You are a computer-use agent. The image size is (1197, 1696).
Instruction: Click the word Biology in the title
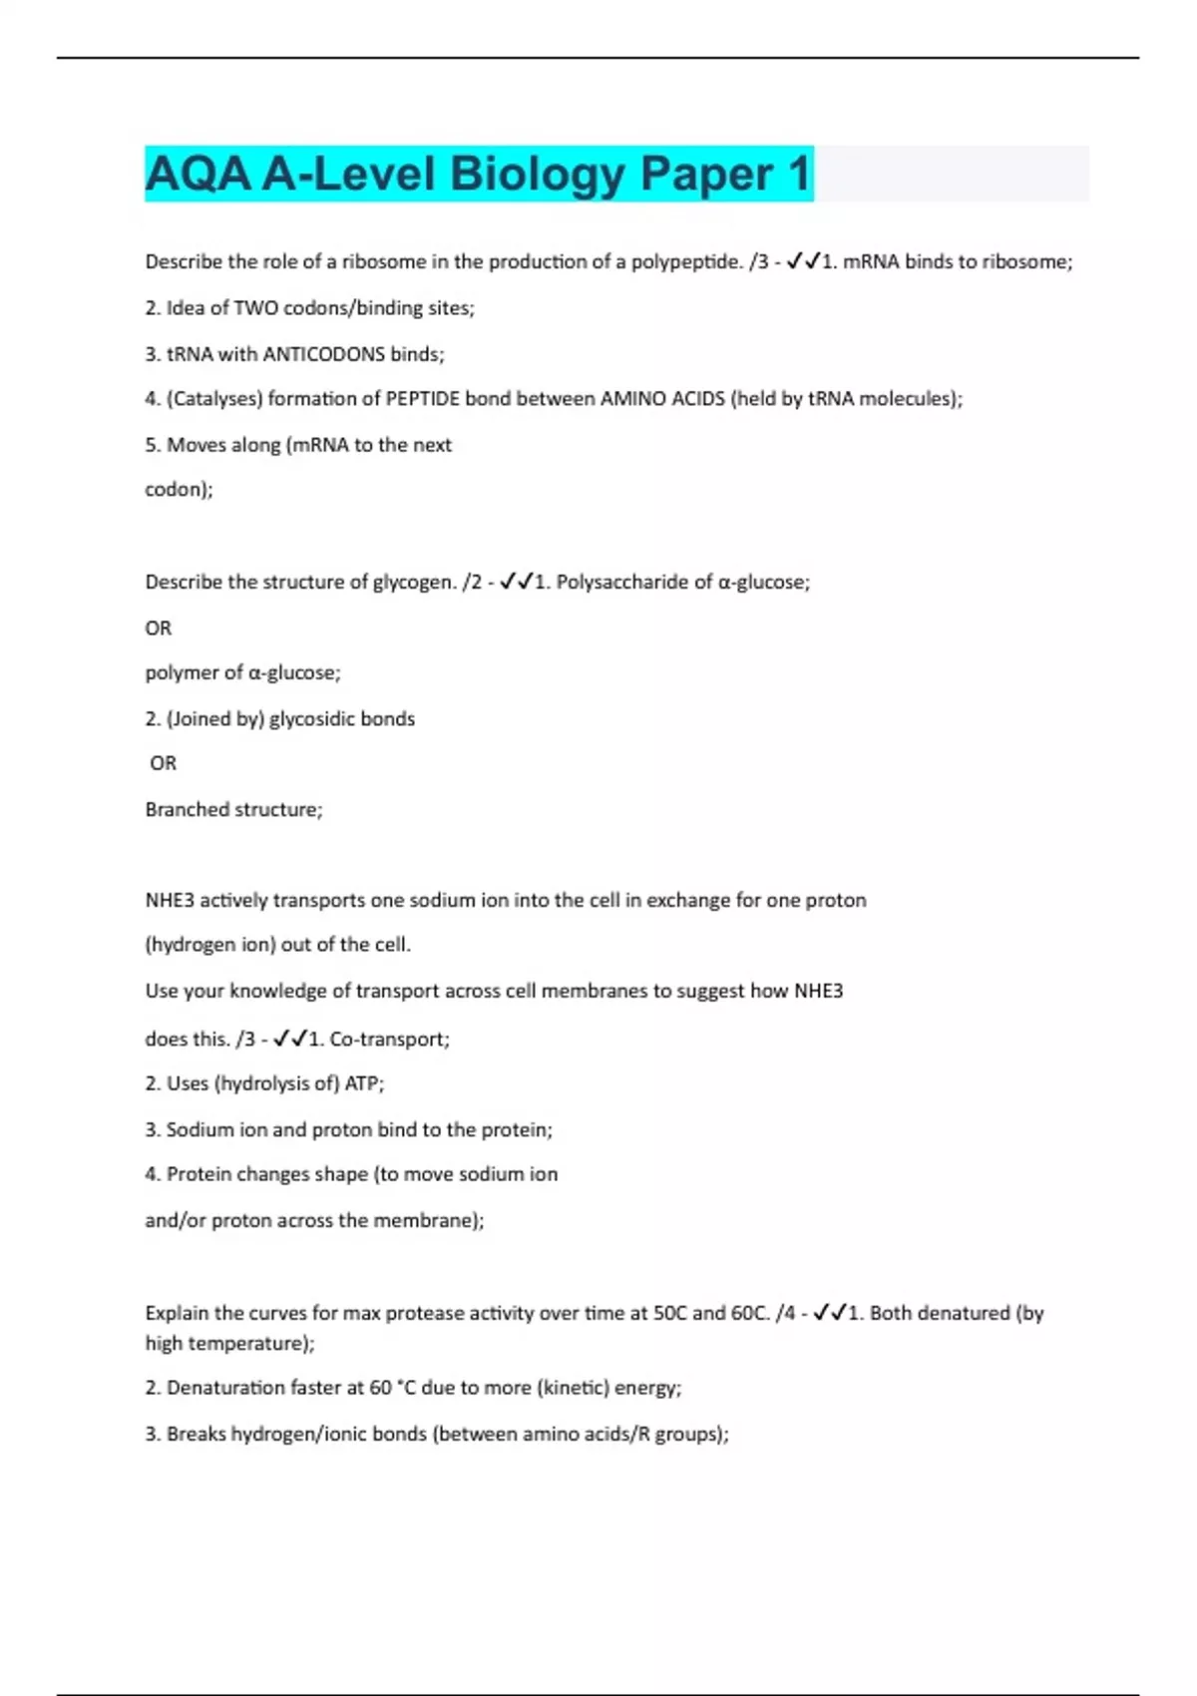click(538, 174)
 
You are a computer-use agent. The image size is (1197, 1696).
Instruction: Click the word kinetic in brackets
click(573, 1388)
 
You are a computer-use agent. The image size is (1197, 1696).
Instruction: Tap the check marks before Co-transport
click(288, 1039)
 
